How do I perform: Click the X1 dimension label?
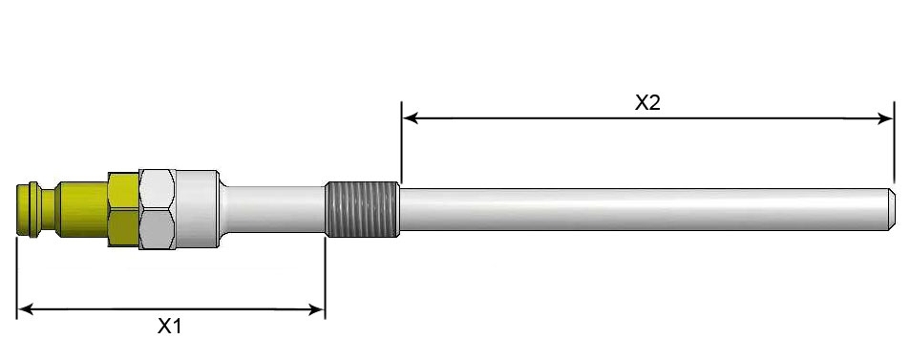point(169,327)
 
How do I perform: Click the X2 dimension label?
point(647,103)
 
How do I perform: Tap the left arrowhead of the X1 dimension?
point(24,308)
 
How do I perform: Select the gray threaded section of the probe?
point(362,208)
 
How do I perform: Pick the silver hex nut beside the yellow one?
point(156,208)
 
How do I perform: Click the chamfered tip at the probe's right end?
point(889,208)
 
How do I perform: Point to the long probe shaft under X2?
point(640,208)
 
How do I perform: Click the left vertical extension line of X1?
point(17,277)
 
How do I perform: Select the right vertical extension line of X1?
point(326,277)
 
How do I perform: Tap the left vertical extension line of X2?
point(401,143)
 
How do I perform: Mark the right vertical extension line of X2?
point(894,143)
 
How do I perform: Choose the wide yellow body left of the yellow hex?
point(82,207)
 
